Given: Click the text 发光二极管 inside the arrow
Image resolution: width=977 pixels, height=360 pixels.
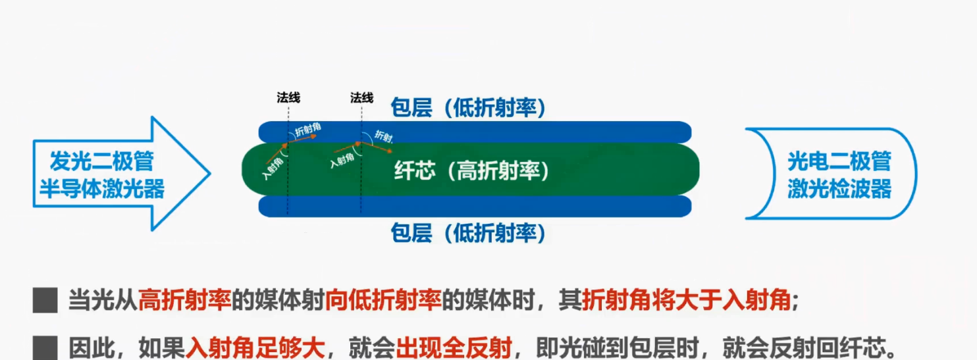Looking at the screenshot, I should (101, 161).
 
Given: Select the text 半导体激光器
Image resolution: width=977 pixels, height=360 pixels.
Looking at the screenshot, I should (101, 189).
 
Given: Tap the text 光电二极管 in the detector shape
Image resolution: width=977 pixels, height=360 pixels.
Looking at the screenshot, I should (839, 161).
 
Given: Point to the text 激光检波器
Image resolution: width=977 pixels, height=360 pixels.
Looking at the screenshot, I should (839, 190).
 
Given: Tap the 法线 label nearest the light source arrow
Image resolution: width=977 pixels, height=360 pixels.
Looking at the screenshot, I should (288, 98).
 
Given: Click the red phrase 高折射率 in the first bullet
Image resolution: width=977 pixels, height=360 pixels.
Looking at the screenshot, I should (184, 301).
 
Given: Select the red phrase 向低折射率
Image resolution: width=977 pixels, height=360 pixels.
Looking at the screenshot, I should (382, 301).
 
